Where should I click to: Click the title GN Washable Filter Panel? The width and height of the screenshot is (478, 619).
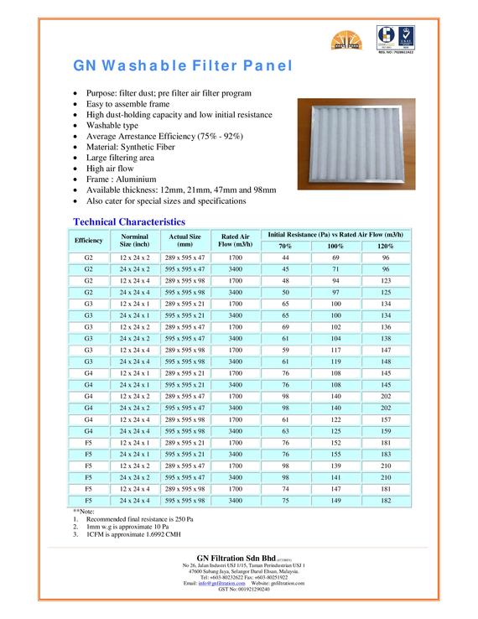[183, 65]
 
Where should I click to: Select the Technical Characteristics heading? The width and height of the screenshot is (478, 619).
[128, 221]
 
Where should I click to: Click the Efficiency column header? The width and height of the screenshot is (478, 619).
[88, 240]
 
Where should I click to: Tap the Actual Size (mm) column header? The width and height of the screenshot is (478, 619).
[184, 240]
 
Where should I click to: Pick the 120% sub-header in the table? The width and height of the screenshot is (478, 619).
[385, 246]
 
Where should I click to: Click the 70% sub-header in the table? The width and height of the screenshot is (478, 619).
[285, 246]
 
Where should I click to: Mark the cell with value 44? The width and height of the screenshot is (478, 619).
[285, 257]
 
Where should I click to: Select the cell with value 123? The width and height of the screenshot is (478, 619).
[385, 280]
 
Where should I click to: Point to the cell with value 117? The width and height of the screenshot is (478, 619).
[335, 349]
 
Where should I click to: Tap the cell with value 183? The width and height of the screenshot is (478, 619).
[385, 452]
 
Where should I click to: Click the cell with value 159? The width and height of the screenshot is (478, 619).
[385, 429]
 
